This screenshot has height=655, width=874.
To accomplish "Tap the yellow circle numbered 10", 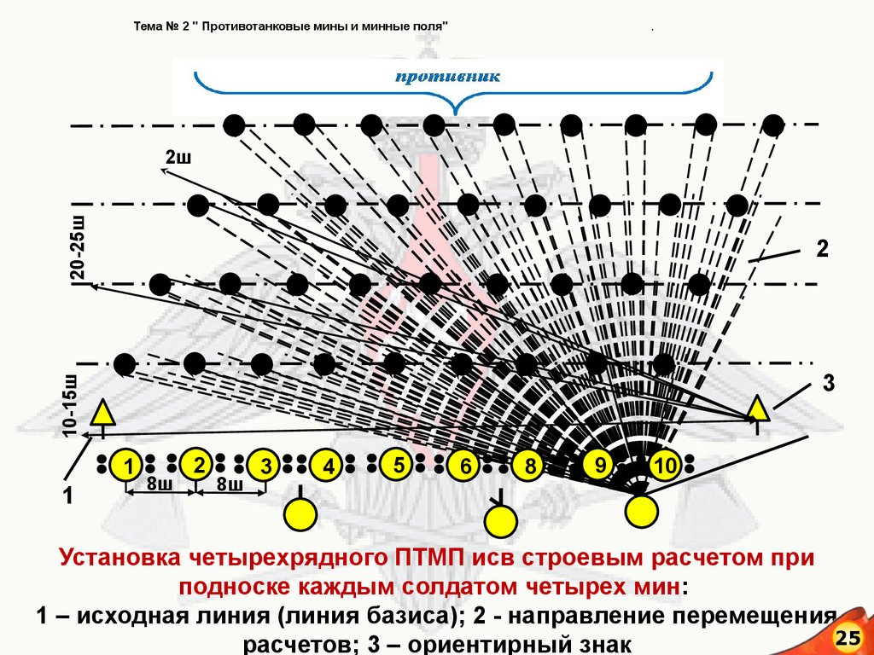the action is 664,465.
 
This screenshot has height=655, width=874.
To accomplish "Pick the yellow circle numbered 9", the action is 600,464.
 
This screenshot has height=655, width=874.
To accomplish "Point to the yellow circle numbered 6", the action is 464,466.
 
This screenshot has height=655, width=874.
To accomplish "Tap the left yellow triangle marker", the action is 103,413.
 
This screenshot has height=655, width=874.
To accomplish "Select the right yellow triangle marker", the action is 757,409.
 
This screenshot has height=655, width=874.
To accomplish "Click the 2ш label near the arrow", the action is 177,157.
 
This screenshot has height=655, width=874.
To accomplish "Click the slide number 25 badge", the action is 850,638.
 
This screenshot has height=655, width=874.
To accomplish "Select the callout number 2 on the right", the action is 822,249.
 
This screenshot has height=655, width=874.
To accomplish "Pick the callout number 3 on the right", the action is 827,383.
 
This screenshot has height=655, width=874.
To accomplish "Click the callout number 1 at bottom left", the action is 67,496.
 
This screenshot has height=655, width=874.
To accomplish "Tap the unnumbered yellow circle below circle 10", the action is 642,511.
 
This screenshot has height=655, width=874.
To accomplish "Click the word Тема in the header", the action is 150,26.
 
